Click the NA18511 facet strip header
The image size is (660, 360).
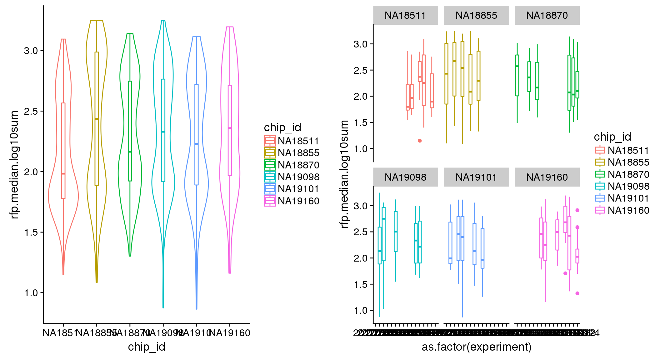(x=405, y=15)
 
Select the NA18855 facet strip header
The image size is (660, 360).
(x=476, y=15)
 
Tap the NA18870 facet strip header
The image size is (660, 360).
(x=547, y=15)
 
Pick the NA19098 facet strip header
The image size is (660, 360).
(x=405, y=177)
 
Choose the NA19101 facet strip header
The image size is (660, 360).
(x=476, y=177)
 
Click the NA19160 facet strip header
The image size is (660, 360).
(x=547, y=177)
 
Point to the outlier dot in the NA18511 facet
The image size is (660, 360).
(x=420, y=141)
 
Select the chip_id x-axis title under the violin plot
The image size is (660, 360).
(x=147, y=347)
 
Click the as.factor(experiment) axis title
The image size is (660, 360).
(x=477, y=347)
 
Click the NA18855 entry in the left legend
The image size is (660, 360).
(x=298, y=153)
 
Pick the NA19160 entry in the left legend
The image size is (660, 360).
(x=298, y=201)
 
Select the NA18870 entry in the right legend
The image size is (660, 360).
(x=628, y=174)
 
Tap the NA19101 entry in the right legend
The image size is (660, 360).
(x=628, y=198)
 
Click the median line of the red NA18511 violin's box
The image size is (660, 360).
(x=63, y=173)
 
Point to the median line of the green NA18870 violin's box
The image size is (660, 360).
(x=130, y=152)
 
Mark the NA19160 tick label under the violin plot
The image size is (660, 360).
(x=230, y=333)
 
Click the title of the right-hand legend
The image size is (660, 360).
(x=612, y=137)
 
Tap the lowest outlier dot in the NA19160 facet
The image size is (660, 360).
(x=577, y=293)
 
